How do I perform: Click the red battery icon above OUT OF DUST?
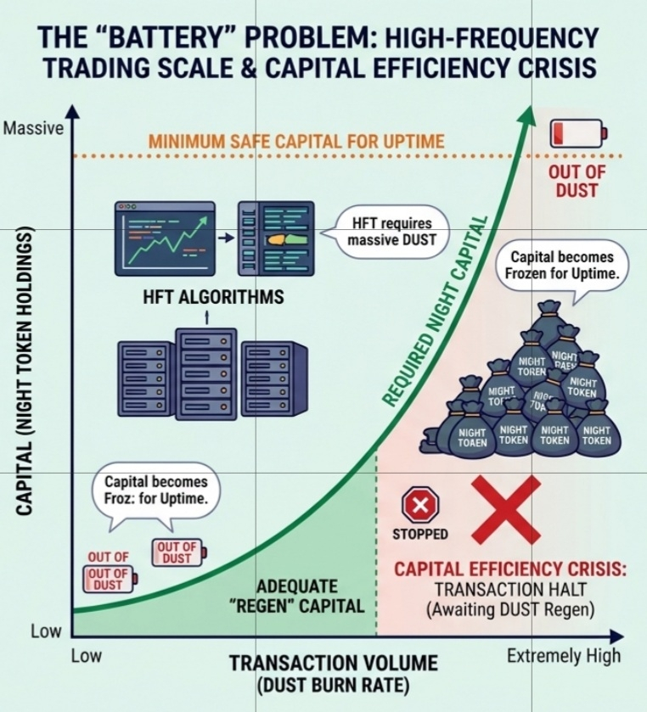578,132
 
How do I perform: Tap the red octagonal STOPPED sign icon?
419,507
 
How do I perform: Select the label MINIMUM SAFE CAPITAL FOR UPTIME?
295,141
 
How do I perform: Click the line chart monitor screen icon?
162,237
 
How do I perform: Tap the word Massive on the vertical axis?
34,129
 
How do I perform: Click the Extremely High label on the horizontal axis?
564,655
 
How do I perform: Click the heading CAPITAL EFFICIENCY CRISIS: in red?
509,568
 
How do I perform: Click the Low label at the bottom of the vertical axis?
47,631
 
